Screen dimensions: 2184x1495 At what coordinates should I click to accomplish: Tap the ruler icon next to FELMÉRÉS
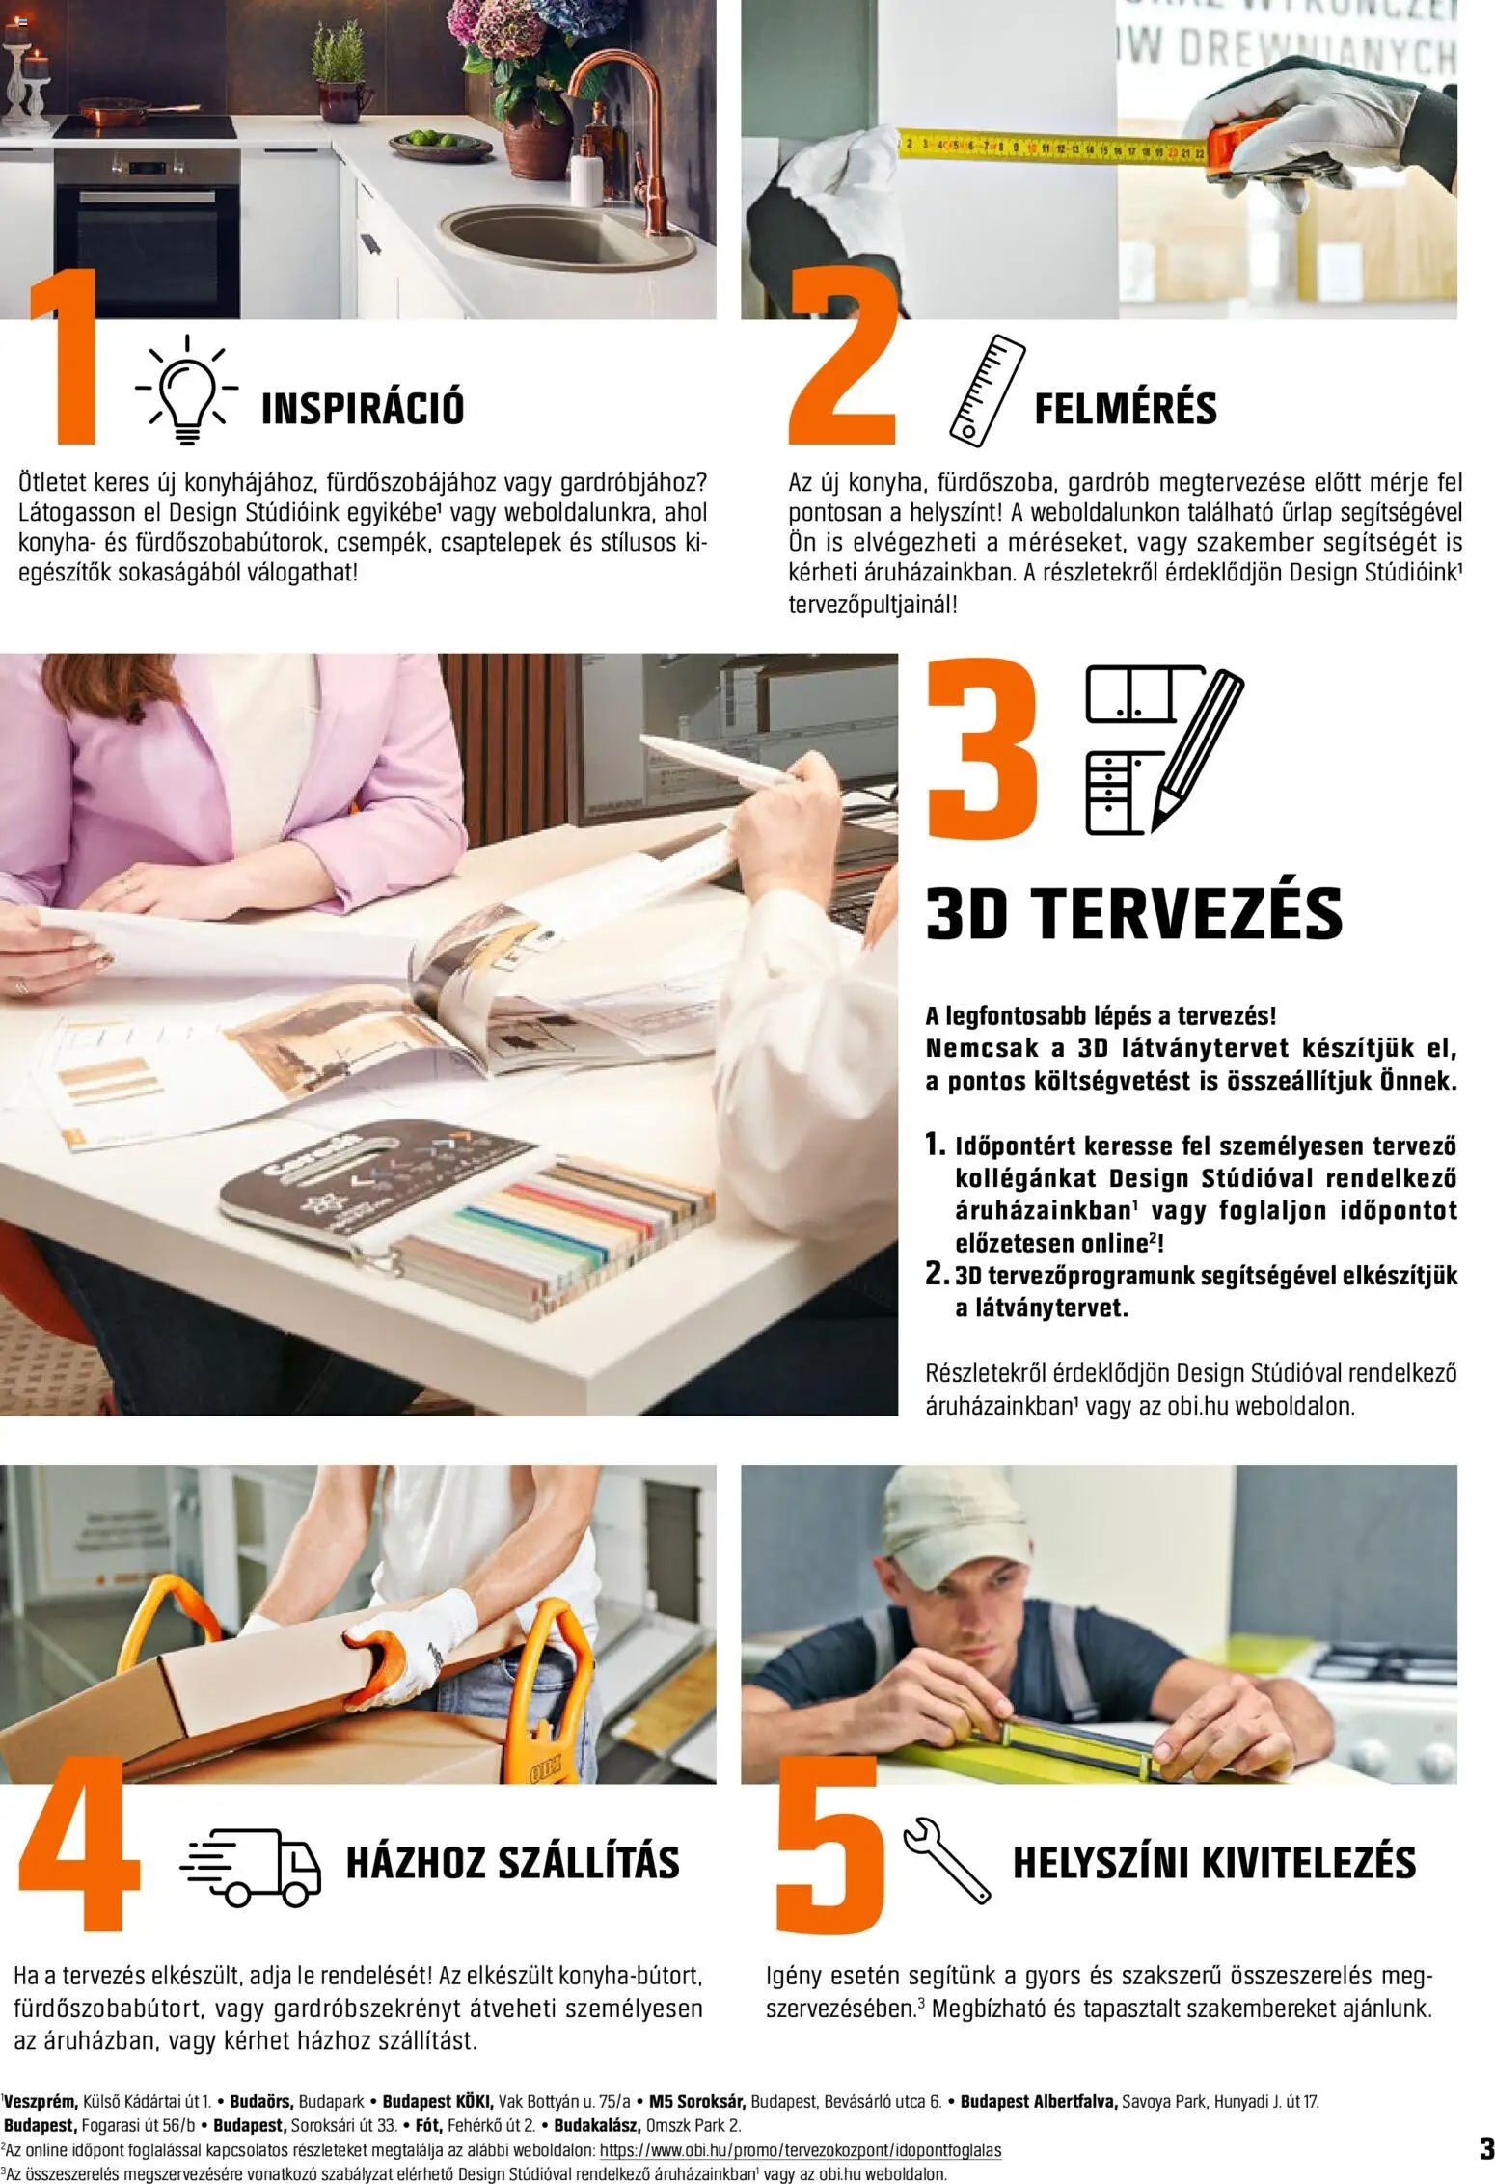coord(987,391)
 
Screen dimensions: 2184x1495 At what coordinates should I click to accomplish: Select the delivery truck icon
coord(251,1863)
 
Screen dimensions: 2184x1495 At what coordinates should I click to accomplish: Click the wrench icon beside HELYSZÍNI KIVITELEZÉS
coord(946,1861)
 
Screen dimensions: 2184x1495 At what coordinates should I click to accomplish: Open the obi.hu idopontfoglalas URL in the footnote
coord(800,2150)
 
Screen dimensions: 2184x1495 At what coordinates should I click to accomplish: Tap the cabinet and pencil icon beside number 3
coord(1162,747)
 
